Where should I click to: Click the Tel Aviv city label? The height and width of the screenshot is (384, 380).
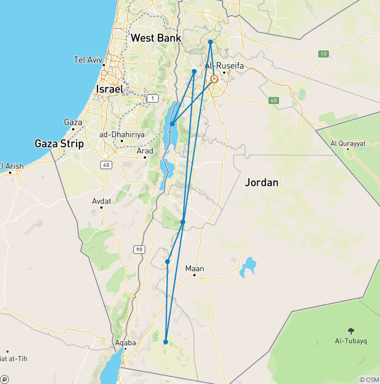tap(88, 60)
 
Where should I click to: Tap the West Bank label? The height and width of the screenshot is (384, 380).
tap(156, 38)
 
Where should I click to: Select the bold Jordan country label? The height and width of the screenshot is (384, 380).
tap(262, 183)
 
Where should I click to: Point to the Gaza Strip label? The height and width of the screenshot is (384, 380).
tap(59, 144)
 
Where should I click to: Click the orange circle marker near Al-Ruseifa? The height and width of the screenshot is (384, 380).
tap(214, 79)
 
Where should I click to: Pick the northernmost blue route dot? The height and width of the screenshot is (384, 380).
tap(210, 43)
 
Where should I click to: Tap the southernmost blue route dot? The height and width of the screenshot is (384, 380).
tap(166, 342)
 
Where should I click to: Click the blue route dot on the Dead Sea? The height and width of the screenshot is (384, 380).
tap(172, 124)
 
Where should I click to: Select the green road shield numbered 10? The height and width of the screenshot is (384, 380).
tap(323, 53)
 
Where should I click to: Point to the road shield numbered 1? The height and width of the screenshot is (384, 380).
tap(152, 99)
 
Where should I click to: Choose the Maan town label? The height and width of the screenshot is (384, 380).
tap(194, 269)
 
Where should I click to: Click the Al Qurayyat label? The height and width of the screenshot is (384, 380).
tap(348, 144)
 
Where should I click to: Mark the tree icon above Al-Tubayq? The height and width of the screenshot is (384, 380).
tap(351, 331)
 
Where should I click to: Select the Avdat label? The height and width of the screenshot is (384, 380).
tap(101, 201)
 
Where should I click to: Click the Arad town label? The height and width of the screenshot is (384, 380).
tap(144, 150)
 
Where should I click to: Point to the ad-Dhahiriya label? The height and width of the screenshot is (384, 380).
tap(121, 134)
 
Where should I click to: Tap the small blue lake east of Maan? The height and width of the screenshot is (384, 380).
tap(248, 267)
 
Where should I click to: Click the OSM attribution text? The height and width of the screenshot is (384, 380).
tap(370, 380)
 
